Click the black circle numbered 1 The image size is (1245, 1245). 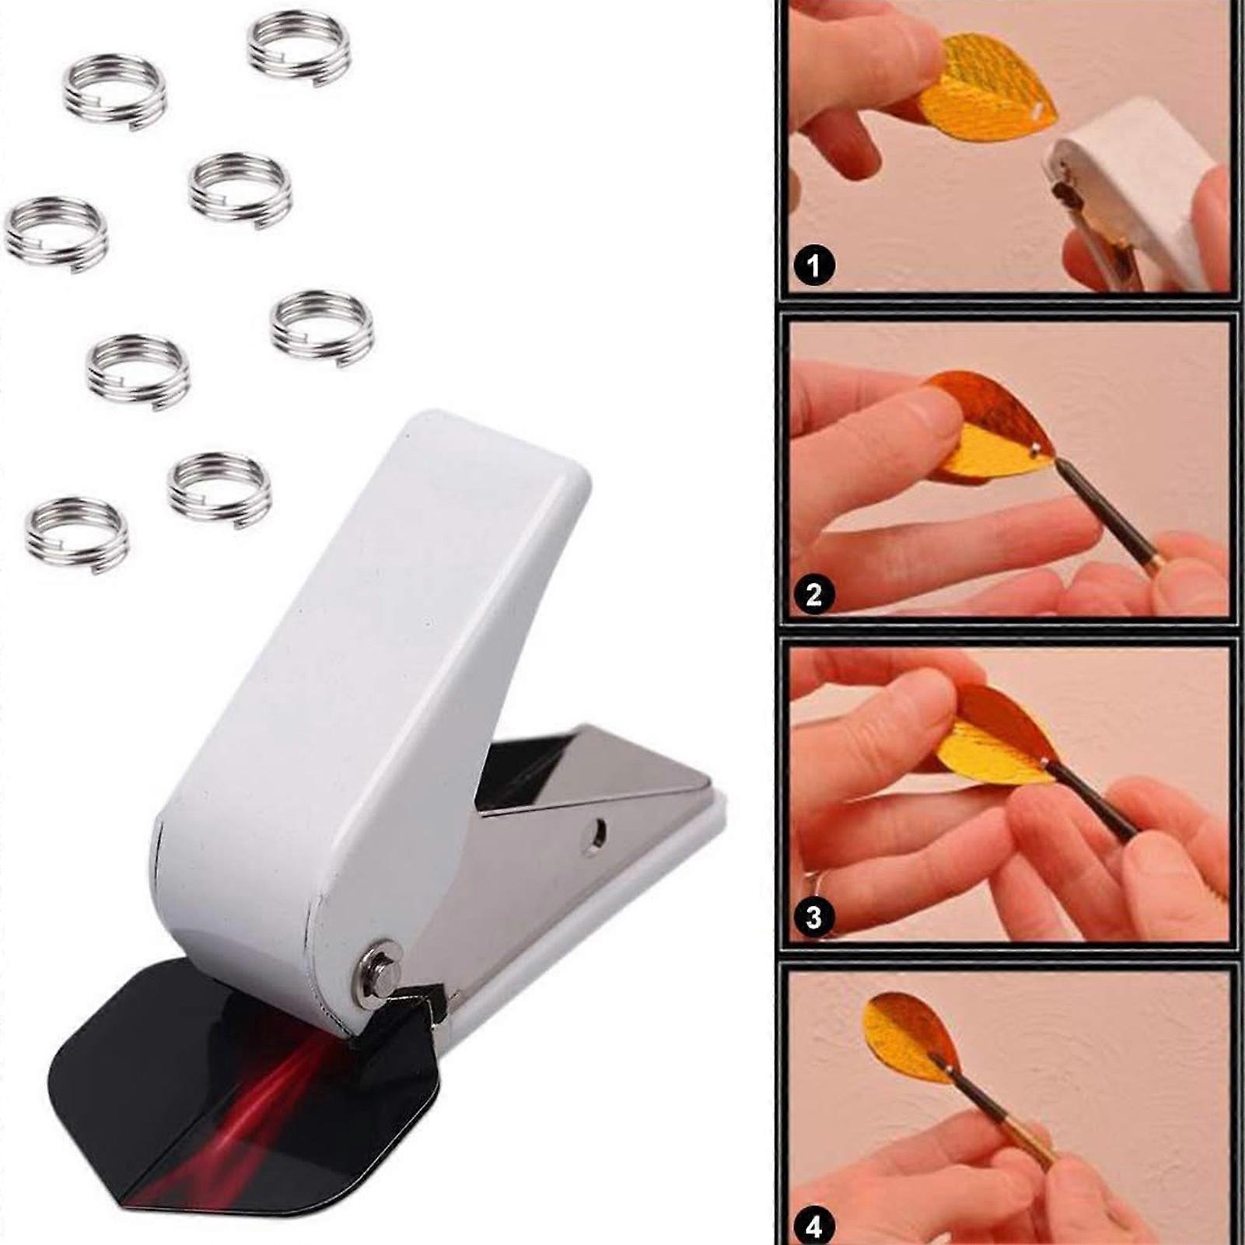coord(813,266)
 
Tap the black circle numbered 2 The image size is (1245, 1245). coord(813,595)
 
